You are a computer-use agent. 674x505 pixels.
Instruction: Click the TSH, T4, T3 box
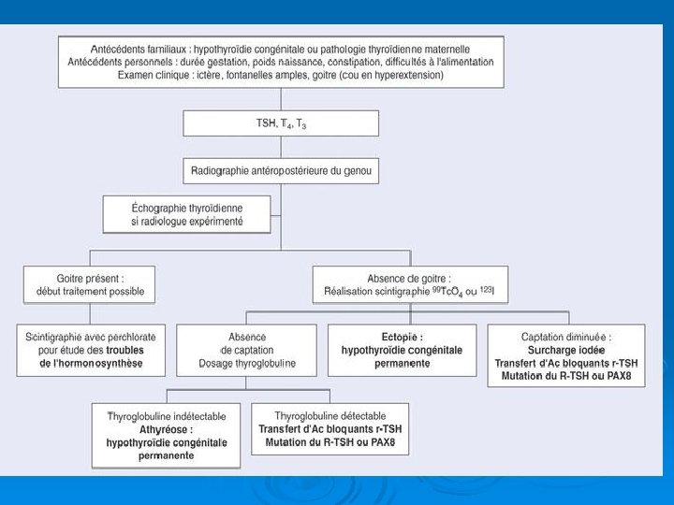[281, 123]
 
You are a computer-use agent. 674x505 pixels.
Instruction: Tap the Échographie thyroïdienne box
[187, 214]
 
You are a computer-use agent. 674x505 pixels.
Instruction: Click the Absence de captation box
[247, 350]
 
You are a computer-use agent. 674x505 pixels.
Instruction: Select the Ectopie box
[402, 350]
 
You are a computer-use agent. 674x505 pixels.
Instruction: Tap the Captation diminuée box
[565, 355]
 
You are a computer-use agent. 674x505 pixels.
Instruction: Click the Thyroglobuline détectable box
[330, 428]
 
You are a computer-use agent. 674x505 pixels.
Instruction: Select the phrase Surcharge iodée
[566, 350]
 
